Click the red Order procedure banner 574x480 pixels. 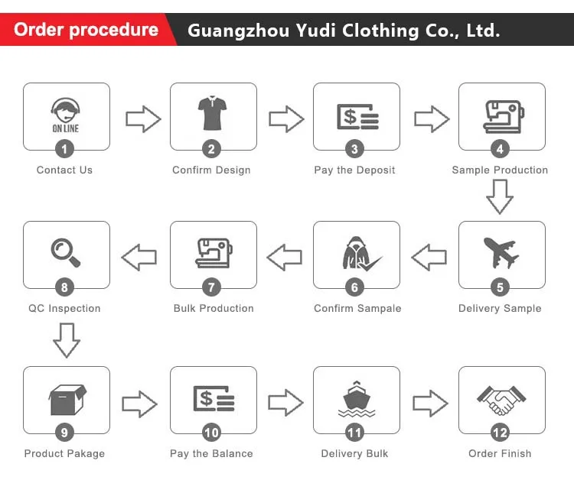pos(86,31)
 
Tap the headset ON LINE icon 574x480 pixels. pos(66,115)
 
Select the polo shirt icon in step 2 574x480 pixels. pos(212,114)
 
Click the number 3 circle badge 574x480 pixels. pos(354,150)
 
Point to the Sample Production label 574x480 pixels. pos(500,170)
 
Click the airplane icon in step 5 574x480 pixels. pos(500,252)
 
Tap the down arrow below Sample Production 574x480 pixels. pos(500,197)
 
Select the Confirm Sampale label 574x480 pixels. pos(357,308)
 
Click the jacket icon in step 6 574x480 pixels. pos(354,253)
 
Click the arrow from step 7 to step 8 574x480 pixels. pos(139,258)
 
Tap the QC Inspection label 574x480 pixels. pos(64,308)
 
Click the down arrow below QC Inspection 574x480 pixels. pos(66,339)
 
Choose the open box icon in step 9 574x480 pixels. pos(66,399)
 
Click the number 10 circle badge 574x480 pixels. pos(211,433)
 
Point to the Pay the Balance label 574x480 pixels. pos(211,453)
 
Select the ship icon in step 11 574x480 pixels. pos(356,399)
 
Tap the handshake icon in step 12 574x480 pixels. pos(501,399)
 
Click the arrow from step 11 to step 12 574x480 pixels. pos(430,403)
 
